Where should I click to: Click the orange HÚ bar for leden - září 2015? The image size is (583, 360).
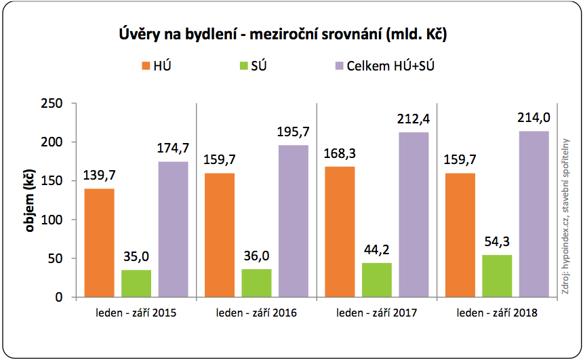[99, 243]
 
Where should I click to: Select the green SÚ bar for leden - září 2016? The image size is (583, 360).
[256, 283]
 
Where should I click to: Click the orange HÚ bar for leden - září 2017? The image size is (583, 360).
[340, 232]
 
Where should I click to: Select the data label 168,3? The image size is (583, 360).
[340, 153]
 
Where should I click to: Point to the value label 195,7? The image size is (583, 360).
[293, 132]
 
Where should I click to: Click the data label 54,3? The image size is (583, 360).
[497, 241]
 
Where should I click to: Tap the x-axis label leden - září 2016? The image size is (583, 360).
[256, 314]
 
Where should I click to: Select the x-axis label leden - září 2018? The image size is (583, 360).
[497, 314]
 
